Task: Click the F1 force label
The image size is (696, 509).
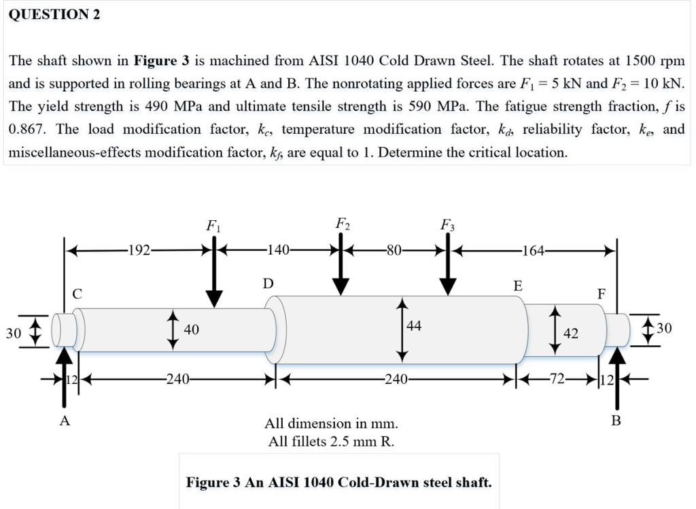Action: pos(213,225)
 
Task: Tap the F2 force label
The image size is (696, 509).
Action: pos(343,224)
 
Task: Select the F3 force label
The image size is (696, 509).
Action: pos(447,225)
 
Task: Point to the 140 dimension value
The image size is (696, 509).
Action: pos(279,250)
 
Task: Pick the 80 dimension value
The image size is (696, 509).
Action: pos(394,250)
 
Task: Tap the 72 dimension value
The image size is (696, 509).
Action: pos(557,379)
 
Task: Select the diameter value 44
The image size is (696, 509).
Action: pos(414,326)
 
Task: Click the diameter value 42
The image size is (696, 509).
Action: pos(571,334)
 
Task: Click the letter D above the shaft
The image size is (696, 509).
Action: pos(268,283)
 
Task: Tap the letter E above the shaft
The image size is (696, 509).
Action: pos(518,285)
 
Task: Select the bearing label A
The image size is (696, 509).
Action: pos(65,421)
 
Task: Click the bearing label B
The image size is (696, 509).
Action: pos(616,421)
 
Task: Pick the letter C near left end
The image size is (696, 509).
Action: pos(77,294)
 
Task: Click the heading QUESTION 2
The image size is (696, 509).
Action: pos(54,15)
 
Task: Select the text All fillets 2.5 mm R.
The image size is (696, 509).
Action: pos(331,442)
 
